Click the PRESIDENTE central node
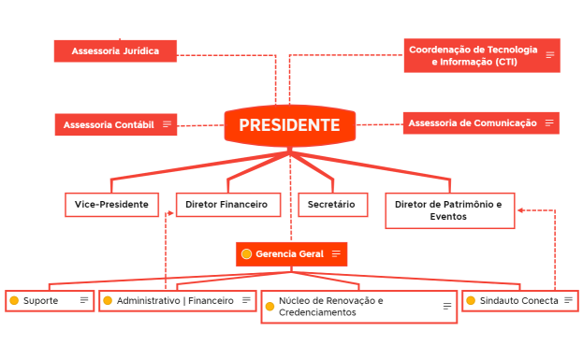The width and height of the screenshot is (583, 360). pos(289,125)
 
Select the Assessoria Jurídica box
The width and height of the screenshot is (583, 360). pos(115,50)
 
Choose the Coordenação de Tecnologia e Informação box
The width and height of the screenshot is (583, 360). pos(473,55)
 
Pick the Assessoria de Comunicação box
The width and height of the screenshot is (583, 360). pos(473,122)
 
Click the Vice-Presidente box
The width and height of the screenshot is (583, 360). pos(111,204)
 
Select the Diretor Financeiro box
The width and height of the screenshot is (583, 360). pos(226,204)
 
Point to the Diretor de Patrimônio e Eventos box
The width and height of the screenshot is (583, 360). pos(448,210)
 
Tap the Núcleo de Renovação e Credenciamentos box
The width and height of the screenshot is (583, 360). pos(358,307)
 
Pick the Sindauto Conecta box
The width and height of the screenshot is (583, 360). pos(518,300)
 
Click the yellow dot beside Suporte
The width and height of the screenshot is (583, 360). pos(14,300)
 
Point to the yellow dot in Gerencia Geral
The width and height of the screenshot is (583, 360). pos(246,253)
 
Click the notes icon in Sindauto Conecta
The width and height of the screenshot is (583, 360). pos(567,300)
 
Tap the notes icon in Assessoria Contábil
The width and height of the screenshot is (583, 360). pos(168,124)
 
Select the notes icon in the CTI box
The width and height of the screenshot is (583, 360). pos(550,55)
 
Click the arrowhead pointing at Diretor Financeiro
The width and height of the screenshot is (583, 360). pos(170,213)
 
